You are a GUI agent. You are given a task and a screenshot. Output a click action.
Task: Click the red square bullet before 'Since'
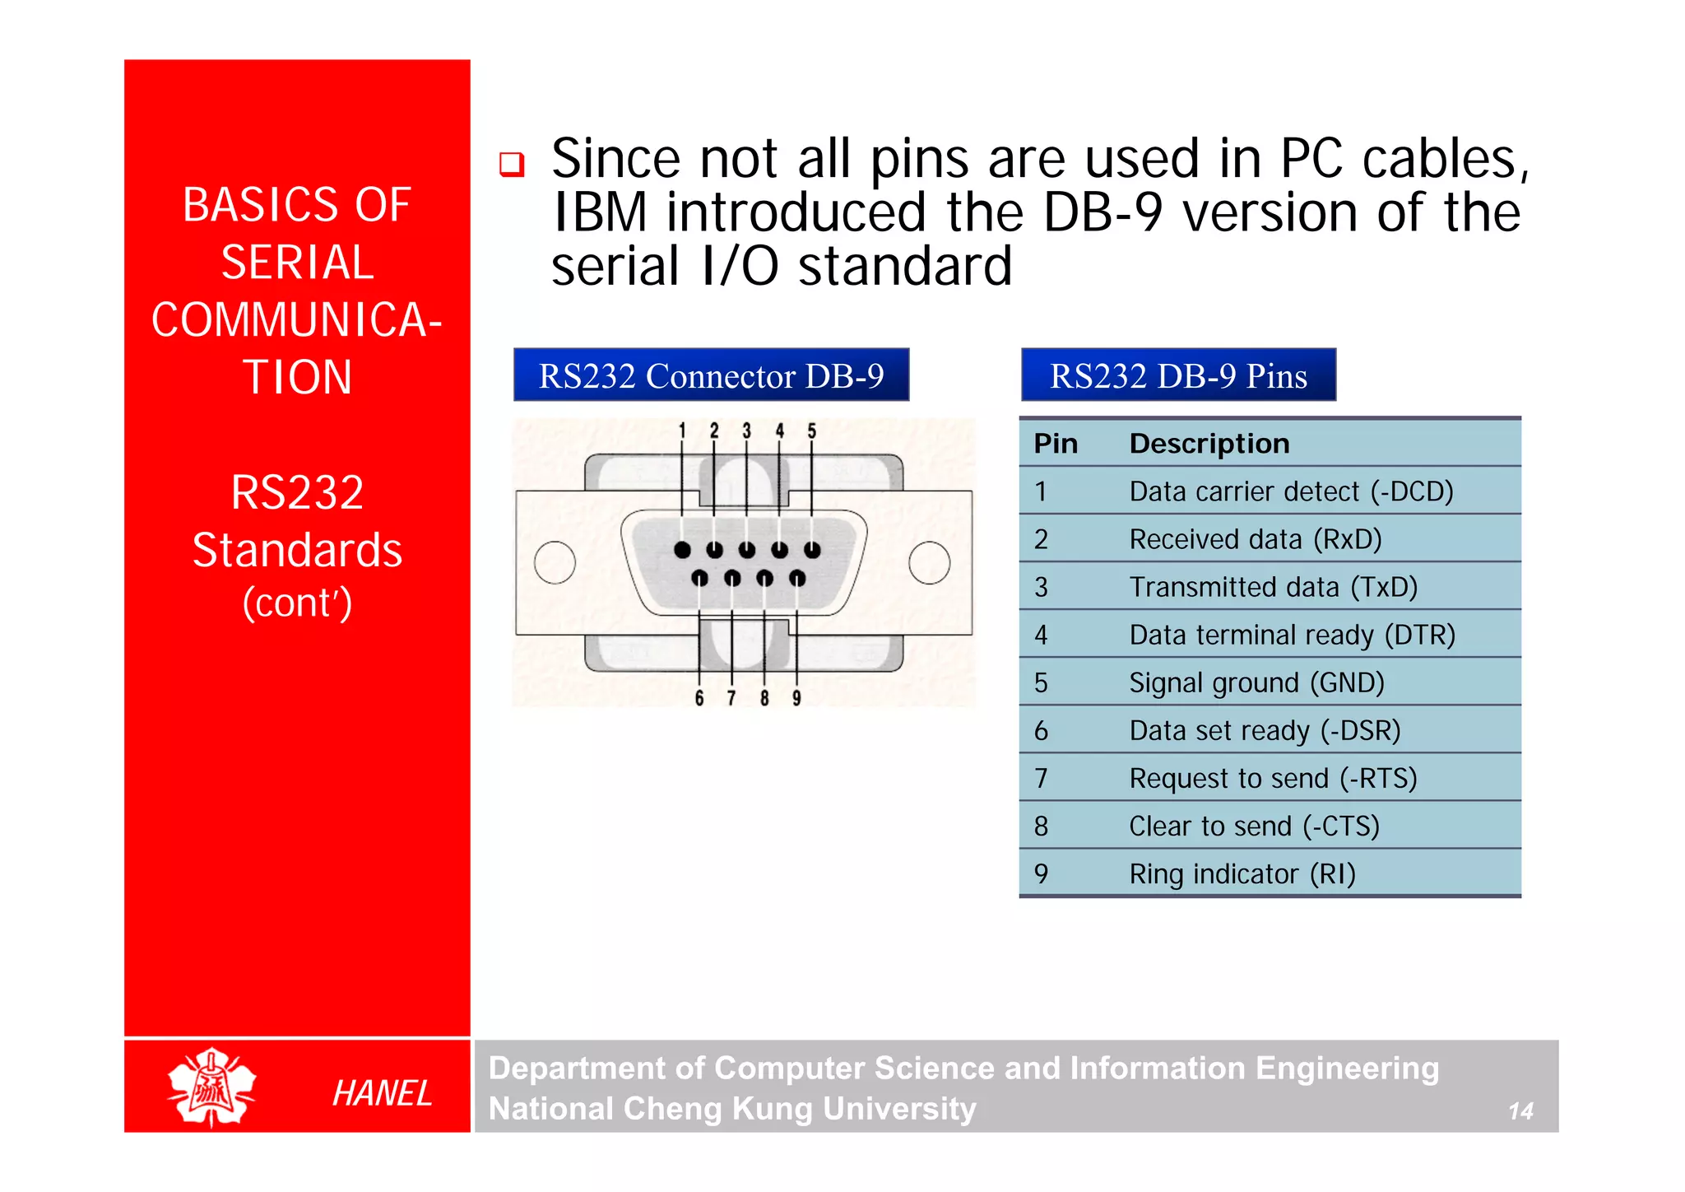tap(512, 165)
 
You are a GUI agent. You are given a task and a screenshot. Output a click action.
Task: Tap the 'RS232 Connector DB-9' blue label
tap(711, 375)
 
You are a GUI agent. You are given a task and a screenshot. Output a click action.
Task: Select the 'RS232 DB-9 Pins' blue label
tap(1177, 375)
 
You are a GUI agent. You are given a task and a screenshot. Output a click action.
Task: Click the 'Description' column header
tap(1209, 444)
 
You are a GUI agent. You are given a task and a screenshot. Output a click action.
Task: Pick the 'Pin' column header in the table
tap(1055, 444)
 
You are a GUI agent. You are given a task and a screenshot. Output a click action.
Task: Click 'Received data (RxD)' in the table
tap(1255, 539)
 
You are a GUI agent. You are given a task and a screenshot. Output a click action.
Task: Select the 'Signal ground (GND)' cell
tap(1256, 682)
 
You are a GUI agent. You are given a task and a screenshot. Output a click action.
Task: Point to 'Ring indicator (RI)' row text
tap(1242, 873)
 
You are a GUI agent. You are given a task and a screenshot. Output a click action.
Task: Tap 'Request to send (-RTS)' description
tap(1272, 778)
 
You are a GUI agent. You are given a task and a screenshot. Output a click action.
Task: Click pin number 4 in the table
tap(1041, 635)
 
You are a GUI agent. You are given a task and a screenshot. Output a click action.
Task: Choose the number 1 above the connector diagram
tap(682, 431)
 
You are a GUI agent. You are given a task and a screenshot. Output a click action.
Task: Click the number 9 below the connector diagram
tap(796, 698)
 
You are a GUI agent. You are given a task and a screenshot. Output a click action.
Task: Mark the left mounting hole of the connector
tap(555, 562)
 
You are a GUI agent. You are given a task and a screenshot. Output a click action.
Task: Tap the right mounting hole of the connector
tap(930, 562)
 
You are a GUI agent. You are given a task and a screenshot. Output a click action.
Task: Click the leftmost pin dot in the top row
tap(682, 550)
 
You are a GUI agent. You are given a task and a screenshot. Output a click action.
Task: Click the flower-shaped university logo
tap(211, 1087)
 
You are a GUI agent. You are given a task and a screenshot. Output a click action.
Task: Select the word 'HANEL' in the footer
tap(382, 1093)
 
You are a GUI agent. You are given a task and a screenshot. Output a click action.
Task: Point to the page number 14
tap(1520, 1111)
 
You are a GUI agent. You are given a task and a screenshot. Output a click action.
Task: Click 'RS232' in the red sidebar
tap(297, 493)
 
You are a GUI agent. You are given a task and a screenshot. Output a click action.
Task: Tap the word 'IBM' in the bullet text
tap(600, 212)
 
